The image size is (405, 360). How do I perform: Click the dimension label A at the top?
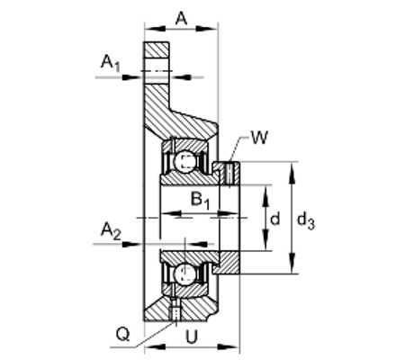[181, 19]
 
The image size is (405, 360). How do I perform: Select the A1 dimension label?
[110, 64]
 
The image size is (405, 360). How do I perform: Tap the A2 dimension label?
[111, 231]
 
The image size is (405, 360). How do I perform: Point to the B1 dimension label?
[200, 201]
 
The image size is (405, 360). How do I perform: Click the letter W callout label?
[259, 138]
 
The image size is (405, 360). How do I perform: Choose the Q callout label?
[122, 334]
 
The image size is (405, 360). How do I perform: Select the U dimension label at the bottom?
[192, 337]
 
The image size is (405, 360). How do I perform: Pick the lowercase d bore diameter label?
[274, 218]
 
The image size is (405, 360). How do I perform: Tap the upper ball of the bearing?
[184, 162]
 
